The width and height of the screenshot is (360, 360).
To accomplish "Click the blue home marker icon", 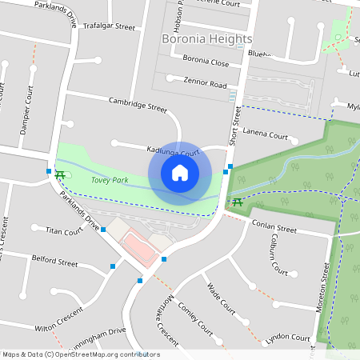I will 180,173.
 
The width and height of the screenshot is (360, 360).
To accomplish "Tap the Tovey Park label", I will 110,181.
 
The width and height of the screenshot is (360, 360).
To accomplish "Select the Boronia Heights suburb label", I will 206,38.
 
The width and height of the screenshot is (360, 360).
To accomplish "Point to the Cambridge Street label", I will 138,103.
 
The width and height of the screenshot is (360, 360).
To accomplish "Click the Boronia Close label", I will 206,61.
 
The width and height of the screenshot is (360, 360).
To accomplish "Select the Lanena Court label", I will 265,133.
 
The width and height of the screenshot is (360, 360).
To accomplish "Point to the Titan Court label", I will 64,231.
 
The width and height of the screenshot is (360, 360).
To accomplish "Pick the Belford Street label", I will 54,262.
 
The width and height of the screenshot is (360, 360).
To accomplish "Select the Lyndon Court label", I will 287,338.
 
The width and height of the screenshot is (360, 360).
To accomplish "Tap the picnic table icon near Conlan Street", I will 238,202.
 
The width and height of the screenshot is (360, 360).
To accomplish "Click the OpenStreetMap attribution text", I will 81,354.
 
